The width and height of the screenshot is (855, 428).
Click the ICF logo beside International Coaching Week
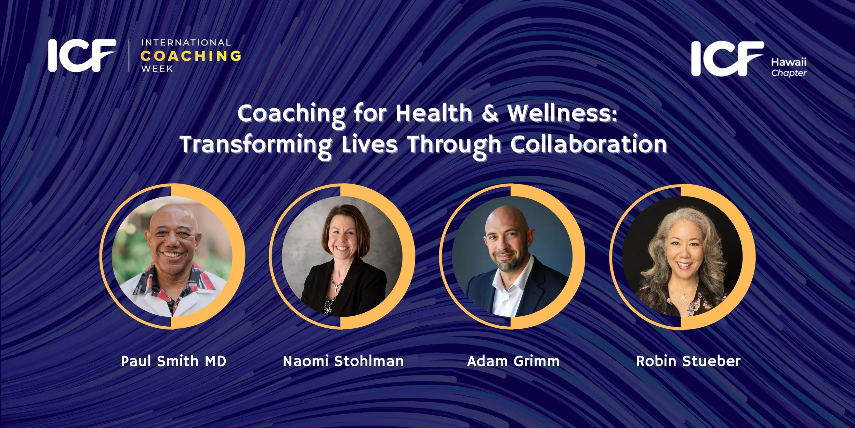coord(82,55)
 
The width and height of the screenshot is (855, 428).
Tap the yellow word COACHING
coord(191,56)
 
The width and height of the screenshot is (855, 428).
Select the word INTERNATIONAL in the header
coord(186,43)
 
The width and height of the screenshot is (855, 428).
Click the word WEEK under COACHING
coord(157,68)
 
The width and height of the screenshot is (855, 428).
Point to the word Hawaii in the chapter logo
coord(789,62)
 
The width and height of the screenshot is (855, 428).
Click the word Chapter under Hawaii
coord(789,73)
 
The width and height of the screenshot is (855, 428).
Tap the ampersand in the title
coord(490,114)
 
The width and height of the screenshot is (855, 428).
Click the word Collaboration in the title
coord(588,144)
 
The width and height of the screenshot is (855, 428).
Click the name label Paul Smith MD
coord(174,361)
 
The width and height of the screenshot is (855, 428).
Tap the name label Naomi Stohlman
coord(343,361)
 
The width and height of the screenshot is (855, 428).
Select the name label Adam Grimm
coord(513,361)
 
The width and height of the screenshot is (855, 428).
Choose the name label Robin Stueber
coord(688,361)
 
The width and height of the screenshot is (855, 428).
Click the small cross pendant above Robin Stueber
coord(684,298)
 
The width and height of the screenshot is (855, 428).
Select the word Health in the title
coord(434,114)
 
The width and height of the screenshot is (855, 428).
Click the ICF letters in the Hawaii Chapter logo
coord(726,59)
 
